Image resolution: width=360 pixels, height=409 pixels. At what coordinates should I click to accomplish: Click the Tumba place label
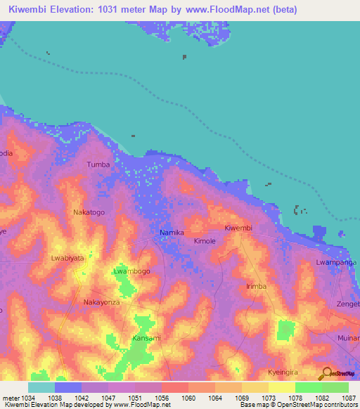tap(98, 164)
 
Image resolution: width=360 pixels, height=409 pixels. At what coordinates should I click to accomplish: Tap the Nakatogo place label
tap(89, 212)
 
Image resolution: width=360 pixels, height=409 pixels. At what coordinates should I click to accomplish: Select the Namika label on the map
tap(172, 233)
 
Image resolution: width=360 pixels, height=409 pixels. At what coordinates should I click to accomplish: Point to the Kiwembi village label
tap(238, 228)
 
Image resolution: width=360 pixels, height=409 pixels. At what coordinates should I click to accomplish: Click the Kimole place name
tap(206, 240)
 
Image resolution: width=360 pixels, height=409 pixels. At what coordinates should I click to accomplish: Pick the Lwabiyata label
tap(67, 258)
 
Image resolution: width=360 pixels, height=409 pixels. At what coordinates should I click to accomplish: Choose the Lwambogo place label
tap(131, 271)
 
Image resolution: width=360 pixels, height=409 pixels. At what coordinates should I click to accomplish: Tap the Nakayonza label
tap(101, 302)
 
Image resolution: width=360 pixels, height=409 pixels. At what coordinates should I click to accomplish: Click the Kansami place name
tap(146, 338)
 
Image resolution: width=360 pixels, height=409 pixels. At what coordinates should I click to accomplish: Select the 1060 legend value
tap(188, 397)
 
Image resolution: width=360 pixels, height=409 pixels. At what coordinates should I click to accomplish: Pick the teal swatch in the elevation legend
tap(41, 387)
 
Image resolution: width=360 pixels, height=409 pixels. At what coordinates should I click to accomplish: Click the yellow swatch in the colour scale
tap(281, 387)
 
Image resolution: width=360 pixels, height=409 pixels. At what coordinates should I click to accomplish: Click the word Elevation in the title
tap(82, 9)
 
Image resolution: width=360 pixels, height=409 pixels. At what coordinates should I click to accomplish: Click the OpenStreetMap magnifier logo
tap(326, 373)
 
